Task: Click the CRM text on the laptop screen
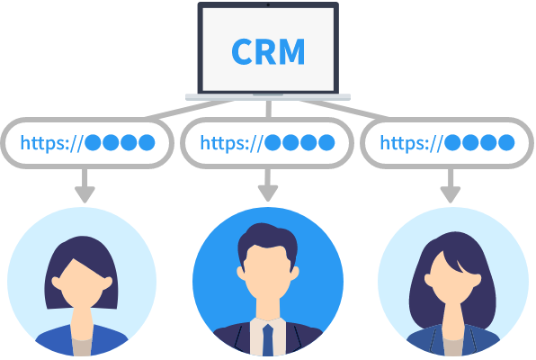[268, 51]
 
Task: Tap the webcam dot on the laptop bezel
[268, 4]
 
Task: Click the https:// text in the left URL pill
[51, 143]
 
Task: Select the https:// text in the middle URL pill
[231, 143]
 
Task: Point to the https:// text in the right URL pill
[412, 143]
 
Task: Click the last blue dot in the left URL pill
[147, 142]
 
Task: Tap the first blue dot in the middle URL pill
[272, 142]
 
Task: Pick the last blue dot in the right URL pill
[506, 142]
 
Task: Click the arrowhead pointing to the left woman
[85, 194]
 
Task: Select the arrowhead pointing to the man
[268, 193]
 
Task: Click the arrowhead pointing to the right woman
[451, 194]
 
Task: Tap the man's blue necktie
[268, 340]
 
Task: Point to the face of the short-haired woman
[81, 284]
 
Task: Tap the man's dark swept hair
[266, 239]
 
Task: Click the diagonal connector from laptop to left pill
[190, 109]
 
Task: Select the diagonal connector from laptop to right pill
[344, 109]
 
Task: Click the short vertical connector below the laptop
[268, 109]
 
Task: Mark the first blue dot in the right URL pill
[453, 142]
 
